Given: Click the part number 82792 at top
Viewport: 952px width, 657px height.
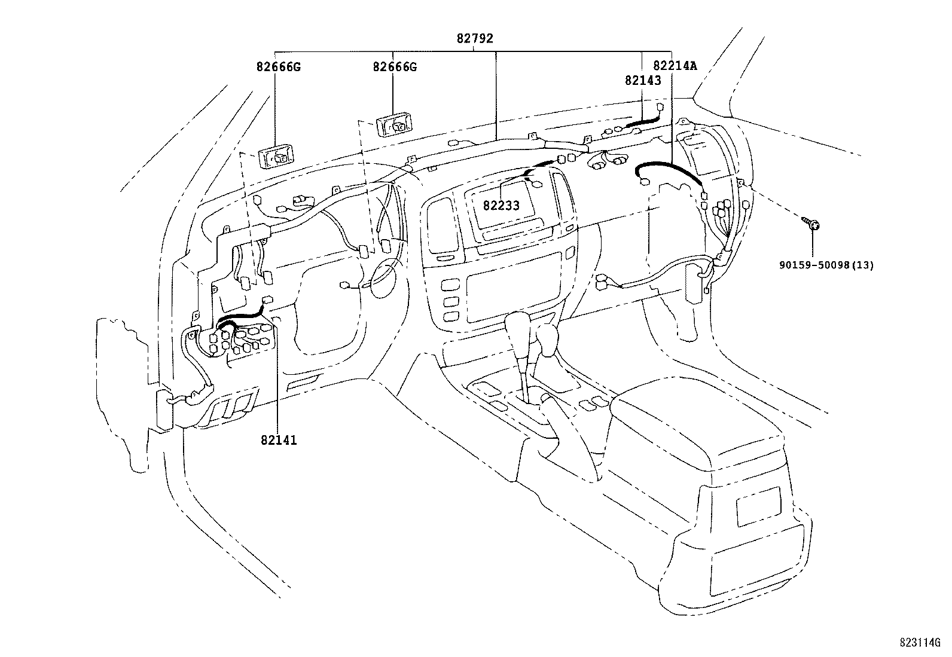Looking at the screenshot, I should click(475, 38).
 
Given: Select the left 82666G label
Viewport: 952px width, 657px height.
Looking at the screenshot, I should click(278, 67).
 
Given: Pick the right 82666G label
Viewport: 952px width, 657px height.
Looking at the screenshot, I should click(394, 67).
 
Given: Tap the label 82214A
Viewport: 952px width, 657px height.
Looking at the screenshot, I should click(675, 66).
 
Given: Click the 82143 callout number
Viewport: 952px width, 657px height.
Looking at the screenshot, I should click(643, 81).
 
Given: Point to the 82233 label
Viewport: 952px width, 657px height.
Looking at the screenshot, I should click(501, 206).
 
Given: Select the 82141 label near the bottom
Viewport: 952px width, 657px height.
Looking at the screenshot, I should click(279, 441).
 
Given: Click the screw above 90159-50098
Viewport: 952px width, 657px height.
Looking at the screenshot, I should click(811, 224).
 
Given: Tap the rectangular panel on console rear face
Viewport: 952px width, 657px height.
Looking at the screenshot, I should click(758, 506).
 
